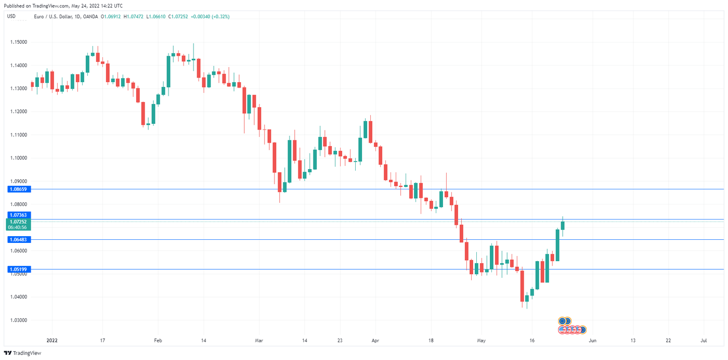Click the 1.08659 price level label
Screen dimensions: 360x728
(x=18, y=189)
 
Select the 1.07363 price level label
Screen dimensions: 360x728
(x=18, y=215)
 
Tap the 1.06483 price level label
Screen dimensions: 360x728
(x=18, y=239)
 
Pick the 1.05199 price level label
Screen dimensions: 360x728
(x=18, y=269)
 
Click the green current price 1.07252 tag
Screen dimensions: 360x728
(x=18, y=222)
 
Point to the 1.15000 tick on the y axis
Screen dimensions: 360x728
(x=18, y=42)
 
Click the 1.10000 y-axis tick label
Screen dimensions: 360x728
(x=18, y=158)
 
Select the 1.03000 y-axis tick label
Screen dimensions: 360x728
(x=18, y=320)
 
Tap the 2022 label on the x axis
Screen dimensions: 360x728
(x=52, y=341)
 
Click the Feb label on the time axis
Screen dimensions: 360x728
(x=158, y=341)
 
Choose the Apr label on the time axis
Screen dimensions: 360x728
(x=375, y=341)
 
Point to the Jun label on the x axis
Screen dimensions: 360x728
(x=592, y=341)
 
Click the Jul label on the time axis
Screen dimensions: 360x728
(x=704, y=341)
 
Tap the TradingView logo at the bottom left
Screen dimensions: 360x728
(x=23, y=353)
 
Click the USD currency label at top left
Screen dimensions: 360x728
(x=11, y=16)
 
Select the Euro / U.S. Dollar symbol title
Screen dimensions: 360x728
(x=54, y=17)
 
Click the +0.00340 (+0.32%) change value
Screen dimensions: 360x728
(x=210, y=17)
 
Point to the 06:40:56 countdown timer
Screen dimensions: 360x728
(x=18, y=227)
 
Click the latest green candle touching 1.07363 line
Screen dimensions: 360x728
(x=563, y=225)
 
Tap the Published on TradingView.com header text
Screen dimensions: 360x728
(x=62, y=6)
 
